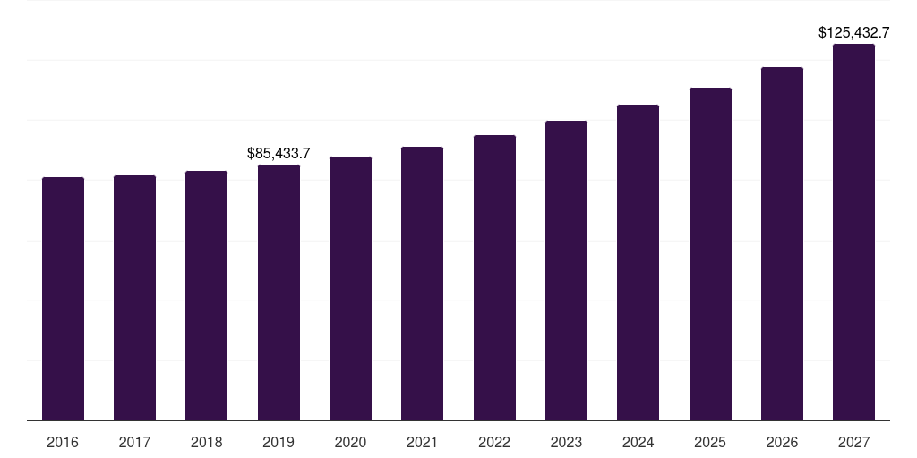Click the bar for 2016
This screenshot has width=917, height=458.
coord(63,299)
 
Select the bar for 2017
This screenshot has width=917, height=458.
coord(134,298)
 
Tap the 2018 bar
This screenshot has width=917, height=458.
coord(206,295)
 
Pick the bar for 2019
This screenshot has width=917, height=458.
coord(279,293)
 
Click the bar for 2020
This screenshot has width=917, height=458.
coord(350,288)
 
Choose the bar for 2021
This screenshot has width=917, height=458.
coord(422,284)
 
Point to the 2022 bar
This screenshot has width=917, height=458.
coord(494,277)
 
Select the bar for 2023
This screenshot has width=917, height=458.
coord(566,270)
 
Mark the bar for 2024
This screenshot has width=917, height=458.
coord(638,262)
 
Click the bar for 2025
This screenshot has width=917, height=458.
coord(710,254)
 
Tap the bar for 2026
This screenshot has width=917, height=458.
coord(782,243)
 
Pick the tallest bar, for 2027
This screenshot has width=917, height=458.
coord(853,232)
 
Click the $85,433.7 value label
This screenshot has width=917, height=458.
coord(279,154)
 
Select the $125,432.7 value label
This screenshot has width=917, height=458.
coord(853,33)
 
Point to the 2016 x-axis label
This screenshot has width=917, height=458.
coord(63,442)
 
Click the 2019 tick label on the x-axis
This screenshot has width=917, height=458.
coord(279,442)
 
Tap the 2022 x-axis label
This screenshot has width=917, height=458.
coord(494,442)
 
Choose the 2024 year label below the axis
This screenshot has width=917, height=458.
coord(638,442)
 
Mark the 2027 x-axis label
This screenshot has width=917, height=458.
coord(853,442)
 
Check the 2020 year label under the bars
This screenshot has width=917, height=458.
coord(350,442)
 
